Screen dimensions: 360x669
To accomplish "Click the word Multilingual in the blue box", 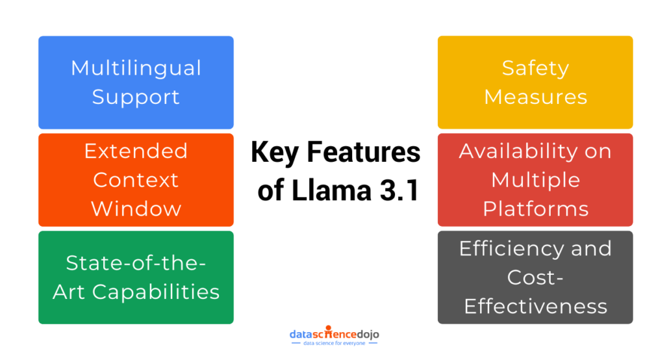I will click(x=136, y=68).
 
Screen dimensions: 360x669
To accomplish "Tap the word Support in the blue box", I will click(x=136, y=97).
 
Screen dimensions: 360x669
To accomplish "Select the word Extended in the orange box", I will click(x=136, y=151).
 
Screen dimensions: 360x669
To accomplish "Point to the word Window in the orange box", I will click(x=136, y=209).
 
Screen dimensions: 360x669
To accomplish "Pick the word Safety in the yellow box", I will click(x=535, y=68).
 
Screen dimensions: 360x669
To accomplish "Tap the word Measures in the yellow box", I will click(x=535, y=97).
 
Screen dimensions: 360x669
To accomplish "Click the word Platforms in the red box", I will click(x=535, y=209).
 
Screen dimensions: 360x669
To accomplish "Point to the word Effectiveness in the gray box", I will click(x=535, y=305).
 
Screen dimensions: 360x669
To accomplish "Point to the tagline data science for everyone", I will click(x=334, y=344).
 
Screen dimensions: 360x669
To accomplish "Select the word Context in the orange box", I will click(x=136, y=180).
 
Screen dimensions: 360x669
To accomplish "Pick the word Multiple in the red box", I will click(x=535, y=180).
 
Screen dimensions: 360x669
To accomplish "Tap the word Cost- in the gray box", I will click(x=535, y=277).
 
